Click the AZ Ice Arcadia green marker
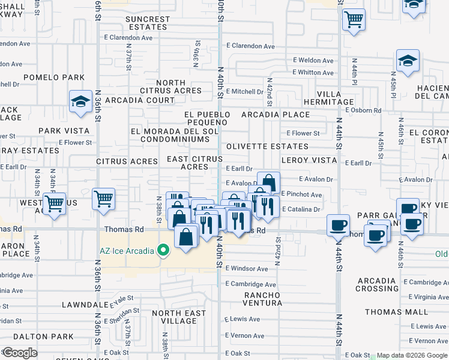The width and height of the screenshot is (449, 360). click(163, 250)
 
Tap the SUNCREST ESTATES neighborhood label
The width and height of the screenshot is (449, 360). click(148, 23)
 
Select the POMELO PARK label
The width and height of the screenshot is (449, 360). click(54, 77)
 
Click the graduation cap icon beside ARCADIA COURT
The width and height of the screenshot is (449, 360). click(80, 101)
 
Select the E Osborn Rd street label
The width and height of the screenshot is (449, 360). click(363, 110)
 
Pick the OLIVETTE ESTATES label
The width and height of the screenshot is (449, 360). click(267, 146)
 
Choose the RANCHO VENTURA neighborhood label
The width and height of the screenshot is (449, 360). click(262, 299)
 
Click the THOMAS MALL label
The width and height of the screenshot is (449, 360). click(396, 312)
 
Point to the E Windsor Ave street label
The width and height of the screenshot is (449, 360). click(247, 269)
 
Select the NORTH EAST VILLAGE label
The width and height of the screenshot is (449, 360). click(175, 317)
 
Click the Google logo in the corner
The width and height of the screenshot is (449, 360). click(20, 352)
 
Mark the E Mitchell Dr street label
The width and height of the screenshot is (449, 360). click(244, 92)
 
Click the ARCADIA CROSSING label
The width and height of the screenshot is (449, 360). click(376, 284)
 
